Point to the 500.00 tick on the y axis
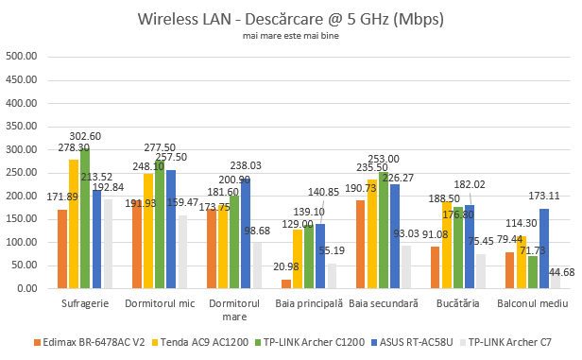coord(22,56)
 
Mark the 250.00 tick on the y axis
coord(22,172)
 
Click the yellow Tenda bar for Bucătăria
coord(446,245)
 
